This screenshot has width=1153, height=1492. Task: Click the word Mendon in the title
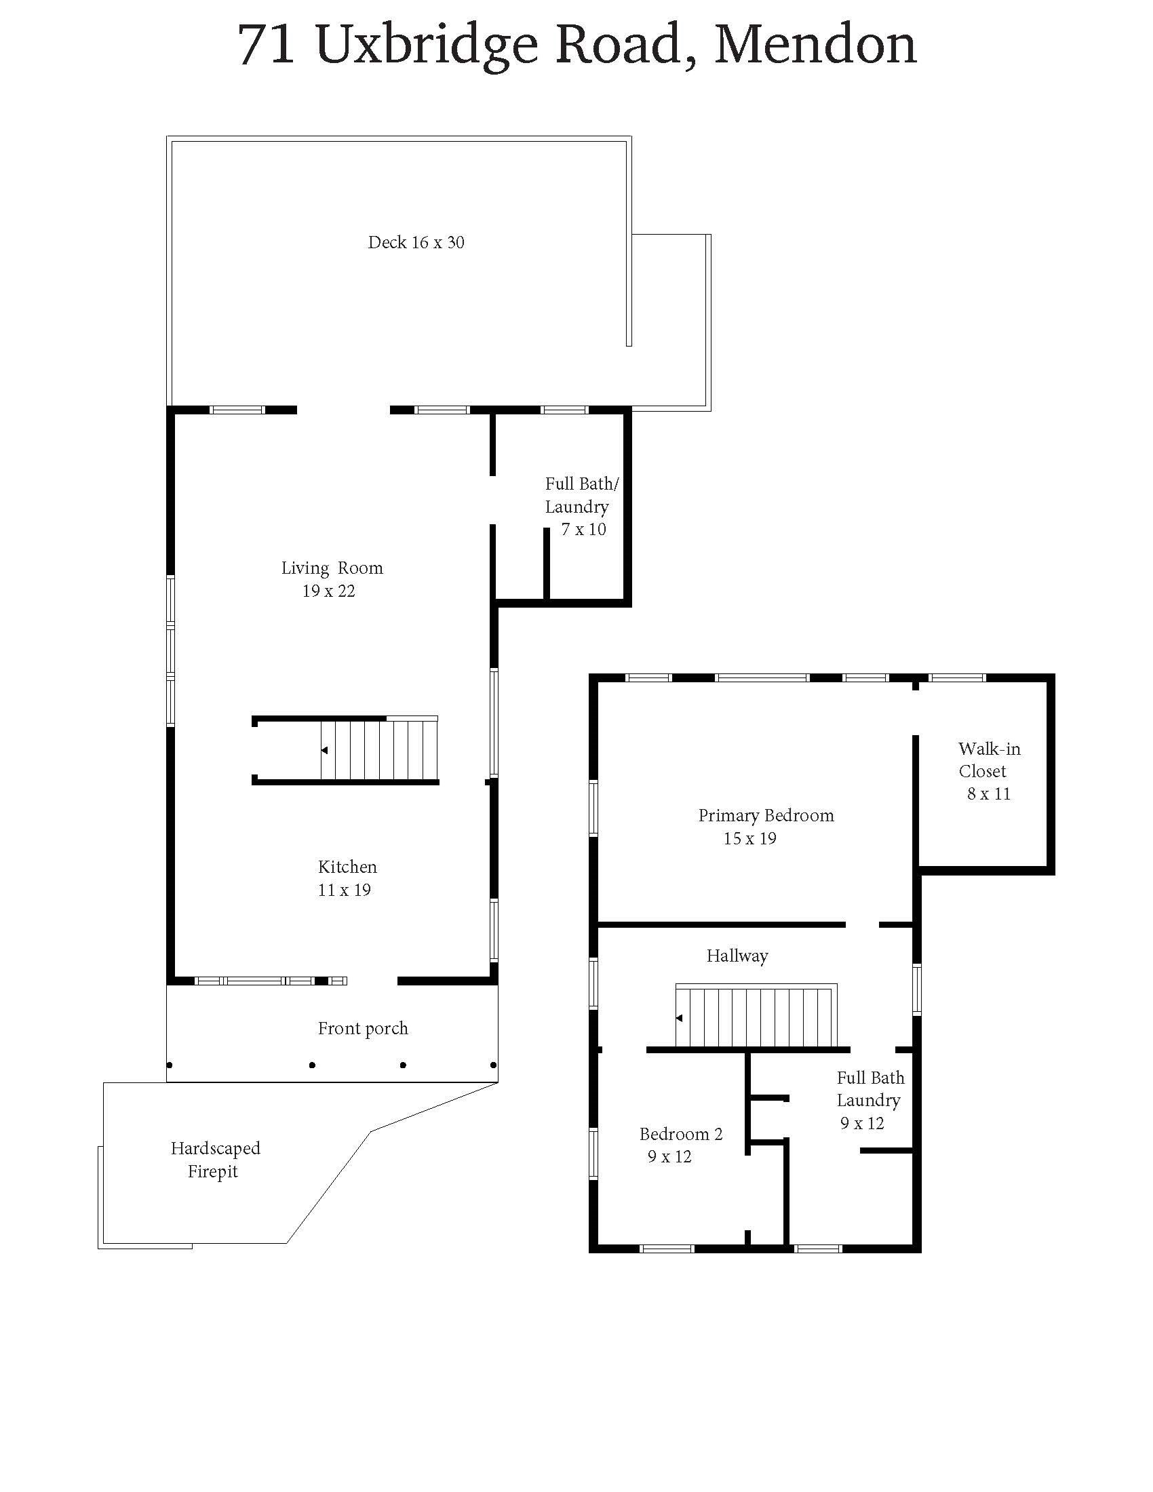click(815, 44)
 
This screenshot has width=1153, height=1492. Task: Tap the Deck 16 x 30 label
click(416, 243)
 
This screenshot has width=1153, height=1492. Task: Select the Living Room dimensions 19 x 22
click(328, 591)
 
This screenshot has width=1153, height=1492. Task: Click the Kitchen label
click(348, 867)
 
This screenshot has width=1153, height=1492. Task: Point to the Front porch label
click(363, 1029)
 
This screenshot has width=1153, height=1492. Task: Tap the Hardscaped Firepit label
click(215, 1160)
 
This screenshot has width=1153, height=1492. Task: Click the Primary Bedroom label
click(766, 816)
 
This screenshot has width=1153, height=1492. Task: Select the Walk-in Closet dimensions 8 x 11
click(988, 794)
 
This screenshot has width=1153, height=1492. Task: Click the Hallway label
click(737, 956)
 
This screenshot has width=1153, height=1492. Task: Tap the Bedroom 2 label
click(680, 1134)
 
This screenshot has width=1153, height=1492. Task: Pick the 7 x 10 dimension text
click(583, 530)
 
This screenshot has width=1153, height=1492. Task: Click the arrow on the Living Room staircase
click(324, 750)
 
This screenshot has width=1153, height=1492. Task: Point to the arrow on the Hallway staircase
click(679, 1018)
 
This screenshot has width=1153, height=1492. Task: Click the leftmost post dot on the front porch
click(170, 1065)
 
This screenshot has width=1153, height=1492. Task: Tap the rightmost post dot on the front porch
click(493, 1065)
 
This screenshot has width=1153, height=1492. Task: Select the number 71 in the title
click(267, 45)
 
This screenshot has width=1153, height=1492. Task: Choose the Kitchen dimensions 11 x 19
click(345, 890)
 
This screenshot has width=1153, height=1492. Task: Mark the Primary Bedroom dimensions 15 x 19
click(750, 838)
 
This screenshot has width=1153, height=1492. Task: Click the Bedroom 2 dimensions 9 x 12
click(669, 1156)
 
